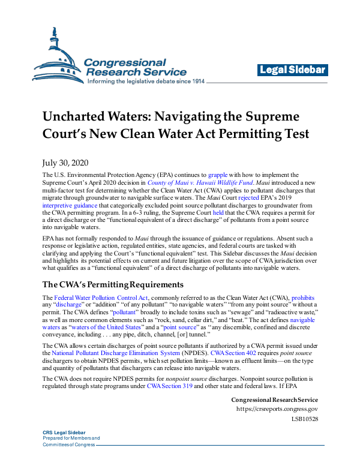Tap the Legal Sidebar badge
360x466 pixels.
[293, 70]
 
